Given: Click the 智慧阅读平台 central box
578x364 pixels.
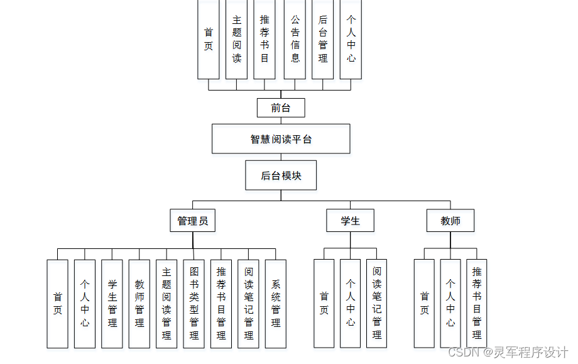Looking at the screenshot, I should click(281, 139).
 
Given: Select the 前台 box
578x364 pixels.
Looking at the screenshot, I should click(281, 108).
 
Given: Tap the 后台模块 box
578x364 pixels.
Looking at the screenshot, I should click(281, 175).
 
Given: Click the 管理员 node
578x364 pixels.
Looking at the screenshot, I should click(193, 221).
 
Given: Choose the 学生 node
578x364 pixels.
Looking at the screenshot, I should click(351, 221).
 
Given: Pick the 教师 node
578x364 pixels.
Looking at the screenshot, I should click(450, 221).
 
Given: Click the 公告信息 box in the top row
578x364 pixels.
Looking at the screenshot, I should click(295, 39).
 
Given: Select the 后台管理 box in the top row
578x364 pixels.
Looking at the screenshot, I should click(322, 39).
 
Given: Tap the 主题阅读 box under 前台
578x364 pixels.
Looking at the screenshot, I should click(236, 39).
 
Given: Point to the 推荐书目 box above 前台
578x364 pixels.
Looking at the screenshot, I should click(264, 39).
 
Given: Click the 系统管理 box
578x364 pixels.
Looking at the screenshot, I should click(276, 304).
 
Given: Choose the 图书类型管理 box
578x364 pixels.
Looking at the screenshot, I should click(194, 304).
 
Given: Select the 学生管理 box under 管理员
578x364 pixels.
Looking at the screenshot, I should click(112, 304).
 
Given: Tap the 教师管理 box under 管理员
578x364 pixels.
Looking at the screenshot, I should click(139, 304).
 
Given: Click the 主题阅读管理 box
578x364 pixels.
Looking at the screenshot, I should click(166, 304).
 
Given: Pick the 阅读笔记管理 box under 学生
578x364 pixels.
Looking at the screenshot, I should click(377, 304).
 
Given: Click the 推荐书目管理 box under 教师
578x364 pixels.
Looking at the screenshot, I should click(477, 304).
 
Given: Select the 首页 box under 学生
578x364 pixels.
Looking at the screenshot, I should click(324, 304).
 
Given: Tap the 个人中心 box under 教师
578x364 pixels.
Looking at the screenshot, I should click(450, 304).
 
